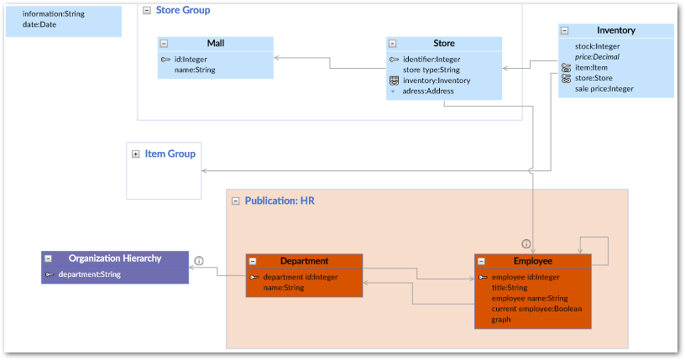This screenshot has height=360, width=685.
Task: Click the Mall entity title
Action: (215, 44)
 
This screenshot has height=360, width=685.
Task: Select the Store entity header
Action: (443, 44)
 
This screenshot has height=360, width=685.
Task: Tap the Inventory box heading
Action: (615, 30)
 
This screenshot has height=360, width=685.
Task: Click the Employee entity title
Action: (532, 261)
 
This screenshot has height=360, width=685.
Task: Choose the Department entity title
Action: (304, 261)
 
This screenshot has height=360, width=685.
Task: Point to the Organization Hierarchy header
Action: (115, 258)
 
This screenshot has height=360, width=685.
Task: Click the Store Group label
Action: (183, 10)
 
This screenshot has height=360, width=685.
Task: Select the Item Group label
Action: (170, 154)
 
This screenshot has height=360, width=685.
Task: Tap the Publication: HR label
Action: (280, 201)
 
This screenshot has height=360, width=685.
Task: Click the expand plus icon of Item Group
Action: (135, 154)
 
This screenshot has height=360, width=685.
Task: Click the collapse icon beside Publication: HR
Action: (235, 201)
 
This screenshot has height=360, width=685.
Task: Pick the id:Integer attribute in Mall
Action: (191, 59)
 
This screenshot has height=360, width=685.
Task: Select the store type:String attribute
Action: (431, 70)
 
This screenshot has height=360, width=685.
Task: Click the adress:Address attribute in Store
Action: (428, 91)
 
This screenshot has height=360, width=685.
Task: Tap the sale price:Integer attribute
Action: (604, 88)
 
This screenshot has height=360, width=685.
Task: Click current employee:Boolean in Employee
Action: (536, 309)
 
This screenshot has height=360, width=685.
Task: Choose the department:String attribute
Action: (89, 274)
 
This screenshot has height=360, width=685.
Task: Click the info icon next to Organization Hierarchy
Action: (199, 261)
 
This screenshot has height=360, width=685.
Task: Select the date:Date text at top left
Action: (39, 24)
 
